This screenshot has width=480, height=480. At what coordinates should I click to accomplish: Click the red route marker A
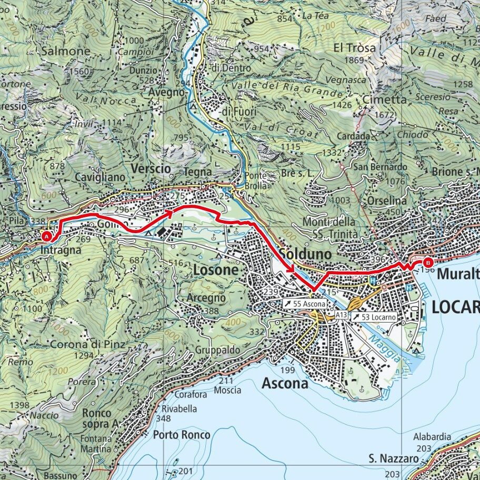point(47,236)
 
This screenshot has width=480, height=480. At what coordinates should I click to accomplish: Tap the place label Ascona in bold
point(285,384)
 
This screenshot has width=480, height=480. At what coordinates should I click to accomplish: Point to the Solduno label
point(306,254)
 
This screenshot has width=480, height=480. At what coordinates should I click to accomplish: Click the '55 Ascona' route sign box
point(304,304)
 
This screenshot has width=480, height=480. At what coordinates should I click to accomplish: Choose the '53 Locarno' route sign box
point(376,317)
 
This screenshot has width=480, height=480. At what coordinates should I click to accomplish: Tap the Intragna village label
point(61,251)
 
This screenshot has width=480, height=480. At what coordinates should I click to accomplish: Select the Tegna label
point(198,172)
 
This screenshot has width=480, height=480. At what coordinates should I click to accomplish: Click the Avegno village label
point(166,92)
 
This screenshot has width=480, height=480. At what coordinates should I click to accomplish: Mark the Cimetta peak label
point(385,99)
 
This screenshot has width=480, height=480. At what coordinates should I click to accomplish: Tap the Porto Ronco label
point(182,435)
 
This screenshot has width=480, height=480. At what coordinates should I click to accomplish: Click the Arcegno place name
point(206,298)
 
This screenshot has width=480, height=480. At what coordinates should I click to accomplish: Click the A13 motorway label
point(341,314)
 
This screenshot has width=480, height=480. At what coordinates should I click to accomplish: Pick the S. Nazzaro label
point(393,459)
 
